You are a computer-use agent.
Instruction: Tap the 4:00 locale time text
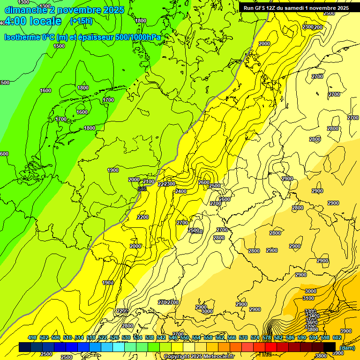click(x=33, y=21)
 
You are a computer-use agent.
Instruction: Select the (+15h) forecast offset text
click(x=81, y=21)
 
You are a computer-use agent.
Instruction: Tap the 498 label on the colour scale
click(x=32, y=337)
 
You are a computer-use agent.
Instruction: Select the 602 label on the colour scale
click(x=337, y=337)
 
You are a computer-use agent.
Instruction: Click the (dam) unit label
click(x=347, y=348)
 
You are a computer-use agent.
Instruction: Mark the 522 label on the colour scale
click(x=103, y=337)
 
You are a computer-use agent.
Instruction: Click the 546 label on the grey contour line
click(x=142, y=189)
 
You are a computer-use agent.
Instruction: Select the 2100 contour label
click(x=149, y=181)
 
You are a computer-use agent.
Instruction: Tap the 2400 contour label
click(x=181, y=191)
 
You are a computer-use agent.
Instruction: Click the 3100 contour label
click(x=308, y=298)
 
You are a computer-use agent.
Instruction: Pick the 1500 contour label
click(x=59, y=46)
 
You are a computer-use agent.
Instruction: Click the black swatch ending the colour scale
click(x=330, y=347)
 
